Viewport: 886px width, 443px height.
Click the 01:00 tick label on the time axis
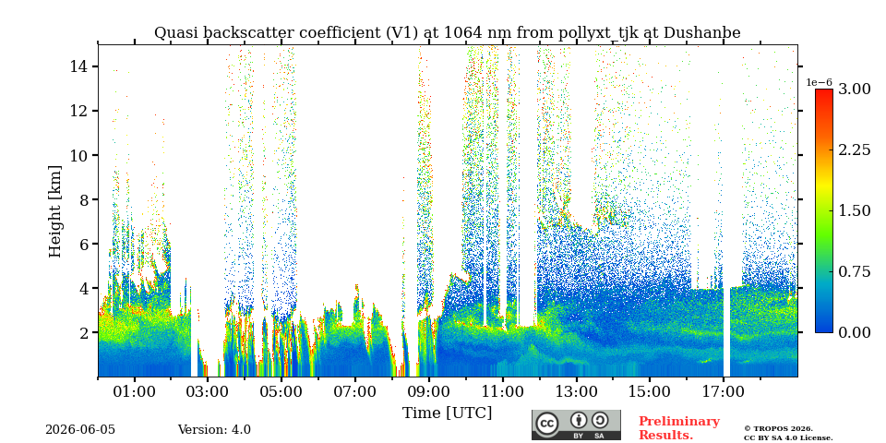(135, 391)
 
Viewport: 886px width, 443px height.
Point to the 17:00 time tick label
(724, 391)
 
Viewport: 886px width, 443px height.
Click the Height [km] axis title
(54, 211)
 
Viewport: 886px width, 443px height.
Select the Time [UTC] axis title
(447, 413)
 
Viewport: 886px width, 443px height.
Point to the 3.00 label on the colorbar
(854, 90)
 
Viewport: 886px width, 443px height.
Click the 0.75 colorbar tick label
(854, 271)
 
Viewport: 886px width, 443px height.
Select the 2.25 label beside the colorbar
(854, 150)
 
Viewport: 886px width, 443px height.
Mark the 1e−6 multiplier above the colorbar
(819, 82)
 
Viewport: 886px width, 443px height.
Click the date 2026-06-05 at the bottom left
(80, 430)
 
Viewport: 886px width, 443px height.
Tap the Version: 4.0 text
(214, 430)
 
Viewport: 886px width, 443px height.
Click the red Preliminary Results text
(679, 428)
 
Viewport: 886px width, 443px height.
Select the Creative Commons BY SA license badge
(576, 425)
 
